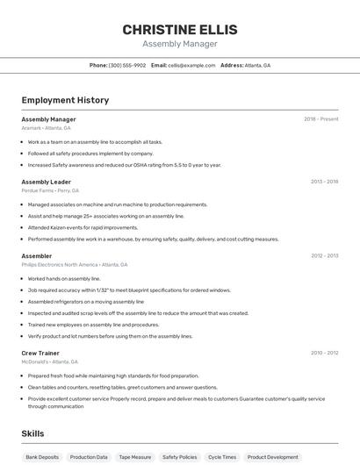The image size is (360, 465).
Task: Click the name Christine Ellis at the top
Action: (180, 29)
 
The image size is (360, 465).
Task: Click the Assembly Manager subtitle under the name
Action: (180, 44)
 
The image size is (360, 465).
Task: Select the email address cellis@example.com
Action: (191, 65)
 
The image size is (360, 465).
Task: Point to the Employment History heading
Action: (65, 100)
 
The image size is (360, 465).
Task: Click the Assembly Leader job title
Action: (46, 182)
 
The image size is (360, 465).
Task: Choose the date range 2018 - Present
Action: (320, 118)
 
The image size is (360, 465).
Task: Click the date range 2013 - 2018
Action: (324, 182)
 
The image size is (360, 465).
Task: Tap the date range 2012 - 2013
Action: (324, 255)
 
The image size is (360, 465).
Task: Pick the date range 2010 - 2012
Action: (324, 353)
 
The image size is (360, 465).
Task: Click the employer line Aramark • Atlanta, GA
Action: (46, 128)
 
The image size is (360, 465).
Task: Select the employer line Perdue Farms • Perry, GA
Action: (50, 190)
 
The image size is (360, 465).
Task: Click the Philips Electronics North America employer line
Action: (74, 264)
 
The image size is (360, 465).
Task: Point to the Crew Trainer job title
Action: (40, 353)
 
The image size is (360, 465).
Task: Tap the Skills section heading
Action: (32, 433)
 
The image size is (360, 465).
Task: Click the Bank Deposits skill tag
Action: (42, 457)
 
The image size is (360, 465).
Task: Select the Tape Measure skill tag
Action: (135, 457)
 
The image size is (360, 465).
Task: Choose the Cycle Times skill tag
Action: (222, 457)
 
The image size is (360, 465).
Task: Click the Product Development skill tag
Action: (272, 457)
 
